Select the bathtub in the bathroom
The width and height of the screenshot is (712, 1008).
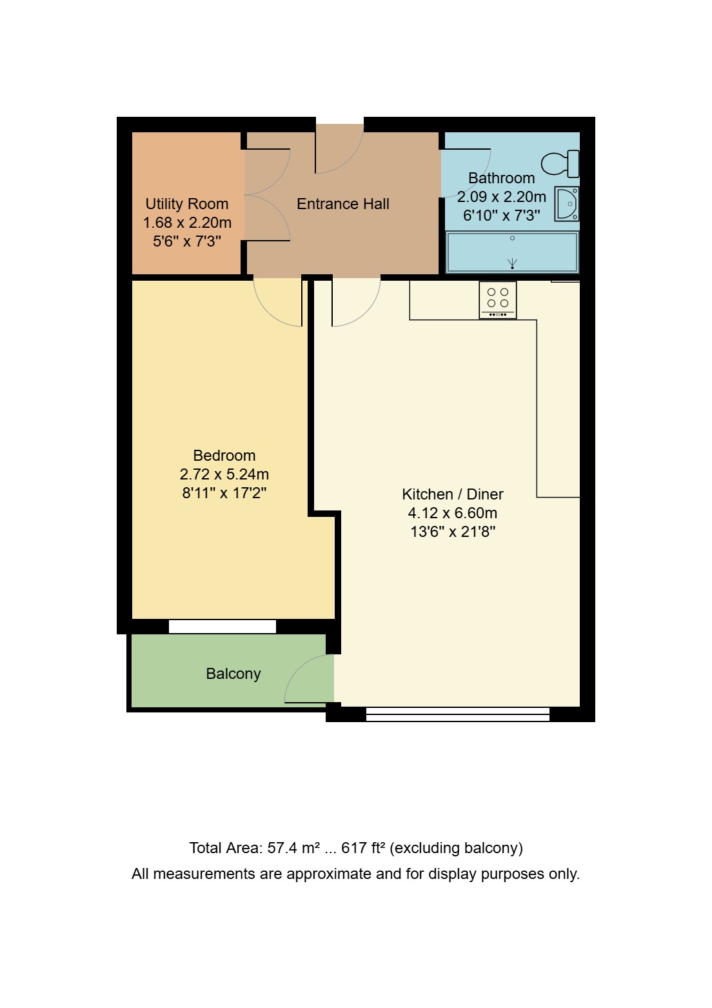pyautogui.click(x=512, y=252)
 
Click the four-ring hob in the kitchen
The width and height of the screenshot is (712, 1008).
pyautogui.click(x=497, y=299)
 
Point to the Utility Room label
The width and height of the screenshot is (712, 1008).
pyautogui.click(x=186, y=204)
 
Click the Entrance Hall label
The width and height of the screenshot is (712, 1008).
pyautogui.click(x=342, y=204)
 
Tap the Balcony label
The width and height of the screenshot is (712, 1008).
pyautogui.click(x=233, y=674)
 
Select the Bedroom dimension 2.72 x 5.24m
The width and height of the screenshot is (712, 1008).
pyautogui.click(x=224, y=474)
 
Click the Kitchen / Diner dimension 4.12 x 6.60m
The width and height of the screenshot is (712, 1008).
pyautogui.click(x=452, y=513)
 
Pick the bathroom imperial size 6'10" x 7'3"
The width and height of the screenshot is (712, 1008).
pyautogui.click(x=501, y=216)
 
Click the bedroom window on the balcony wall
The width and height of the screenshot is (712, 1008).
pyautogui.click(x=222, y=626)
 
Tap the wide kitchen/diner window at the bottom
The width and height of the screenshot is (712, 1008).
pyautogui.click(x=457, y=714)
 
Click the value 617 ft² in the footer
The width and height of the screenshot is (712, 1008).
pyautogui.click(x=363, y=848)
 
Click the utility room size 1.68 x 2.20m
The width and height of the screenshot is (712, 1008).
pyautogui.click(x=186, y=223)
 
